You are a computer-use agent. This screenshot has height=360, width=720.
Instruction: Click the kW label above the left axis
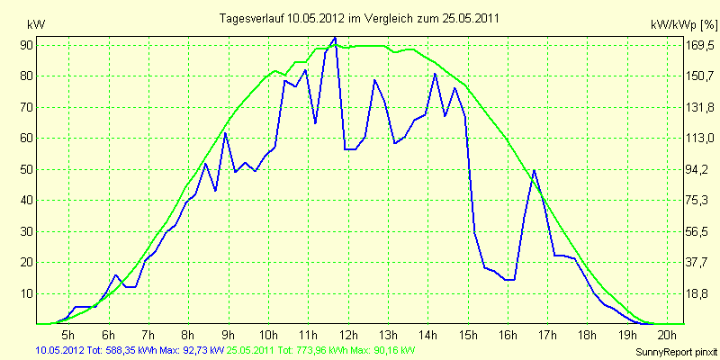click(x=36, y=25)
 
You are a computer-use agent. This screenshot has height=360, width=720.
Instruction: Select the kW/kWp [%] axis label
click(x=683, y=25)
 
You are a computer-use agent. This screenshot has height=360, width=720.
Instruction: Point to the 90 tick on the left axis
click(x=25, y=45)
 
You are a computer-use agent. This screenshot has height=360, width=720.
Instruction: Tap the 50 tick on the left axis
click(x=25, y=169)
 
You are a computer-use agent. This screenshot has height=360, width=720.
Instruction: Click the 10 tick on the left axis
click(x=25, y=294)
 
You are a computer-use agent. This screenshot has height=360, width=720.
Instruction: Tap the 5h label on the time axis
click(x=68, y=334)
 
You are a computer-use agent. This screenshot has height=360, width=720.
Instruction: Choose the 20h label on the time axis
click(x=667, y=334)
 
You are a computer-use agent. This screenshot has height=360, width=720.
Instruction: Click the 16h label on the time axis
click(x=508, y=334)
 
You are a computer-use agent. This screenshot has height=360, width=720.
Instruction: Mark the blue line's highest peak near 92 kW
click(x=335, y=38)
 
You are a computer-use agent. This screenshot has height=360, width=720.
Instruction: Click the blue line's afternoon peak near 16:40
click(x=534, y=170)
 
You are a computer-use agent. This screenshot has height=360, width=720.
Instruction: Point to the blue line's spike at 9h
click(x=225, y=132)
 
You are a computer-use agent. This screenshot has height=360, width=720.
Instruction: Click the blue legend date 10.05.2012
click(x=57, y=351)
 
